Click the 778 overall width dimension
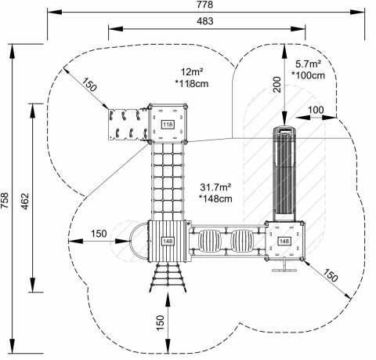[x=205, y=5]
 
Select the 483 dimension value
[x=205, y=21]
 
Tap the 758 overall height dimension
[x=5, y=201]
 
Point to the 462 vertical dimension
[x=25, y=201]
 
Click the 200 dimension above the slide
[x=277, y=85]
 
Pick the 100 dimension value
[x=316, y=110]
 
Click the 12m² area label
[x=193, y=71]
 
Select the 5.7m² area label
[x=309, y=64]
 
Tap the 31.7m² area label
[x=215, y=187]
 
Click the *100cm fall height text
[x=309, y=75]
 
